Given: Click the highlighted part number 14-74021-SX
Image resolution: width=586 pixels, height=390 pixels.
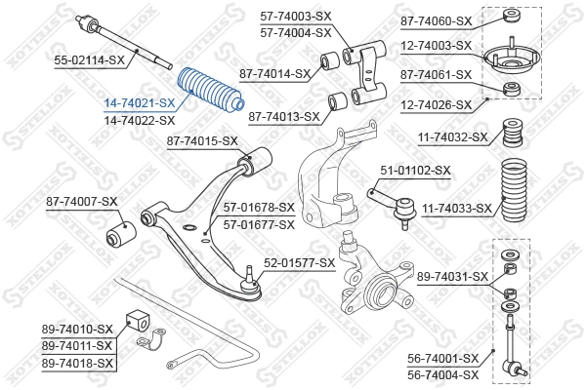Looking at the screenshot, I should click(140, 102).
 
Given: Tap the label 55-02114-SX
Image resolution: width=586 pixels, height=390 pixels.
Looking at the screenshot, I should click(89, 59).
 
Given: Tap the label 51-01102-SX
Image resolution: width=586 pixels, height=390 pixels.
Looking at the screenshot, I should click(415, 170).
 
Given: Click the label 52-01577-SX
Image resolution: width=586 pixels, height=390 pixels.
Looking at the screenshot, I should click(299, 263).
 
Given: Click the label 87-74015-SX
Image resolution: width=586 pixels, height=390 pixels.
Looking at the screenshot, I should click(202, 141).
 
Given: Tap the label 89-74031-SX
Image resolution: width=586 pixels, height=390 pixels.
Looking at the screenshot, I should click(452, 277).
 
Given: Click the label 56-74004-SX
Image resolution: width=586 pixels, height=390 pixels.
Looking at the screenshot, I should click(443, 373).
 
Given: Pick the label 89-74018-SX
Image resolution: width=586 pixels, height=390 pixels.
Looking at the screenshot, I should click(78, 363).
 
